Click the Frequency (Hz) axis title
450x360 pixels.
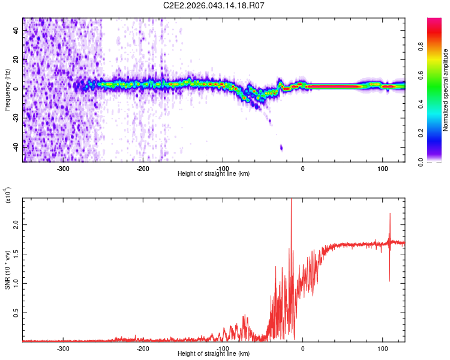tap(7, 90)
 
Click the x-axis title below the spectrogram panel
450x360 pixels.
tap(214, 174)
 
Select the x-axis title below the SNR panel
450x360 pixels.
tap(214, 354)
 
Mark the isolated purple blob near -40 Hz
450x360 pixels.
tap(281, 147)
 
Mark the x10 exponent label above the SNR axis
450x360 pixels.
tap(8, 194)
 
